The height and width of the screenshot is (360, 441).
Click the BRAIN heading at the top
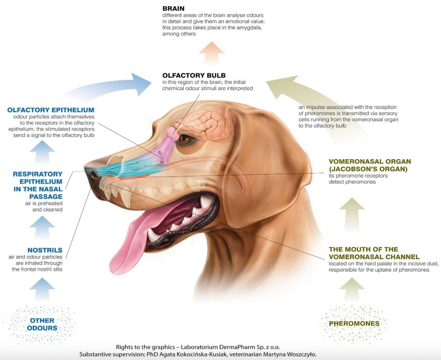(x=173, y=9)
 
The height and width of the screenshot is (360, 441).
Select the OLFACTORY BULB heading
(x=194, y=76)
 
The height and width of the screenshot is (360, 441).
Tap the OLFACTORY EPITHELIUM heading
(x=51, y=110)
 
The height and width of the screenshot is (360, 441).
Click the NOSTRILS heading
(x=45, y=250)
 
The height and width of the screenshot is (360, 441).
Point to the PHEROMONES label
(x=354, y=323)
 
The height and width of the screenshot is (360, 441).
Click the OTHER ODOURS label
(x=42, y=324)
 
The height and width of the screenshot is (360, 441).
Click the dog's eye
(x=186, y=139)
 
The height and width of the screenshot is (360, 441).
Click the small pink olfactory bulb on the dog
(x=171, y=131)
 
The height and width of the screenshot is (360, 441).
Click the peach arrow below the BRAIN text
(x=211, y=53)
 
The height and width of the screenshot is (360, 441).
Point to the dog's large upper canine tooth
(x=126, y=199)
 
